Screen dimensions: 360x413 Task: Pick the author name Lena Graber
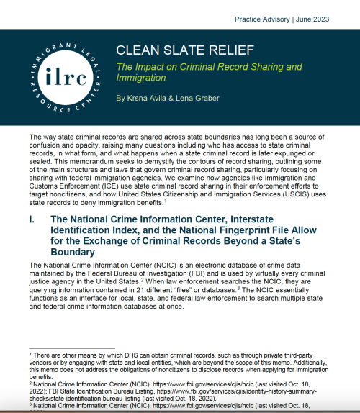pyautogui.click(x=194, y=97)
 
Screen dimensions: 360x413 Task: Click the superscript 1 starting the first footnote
pyautogui.click(x=31, y=350)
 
